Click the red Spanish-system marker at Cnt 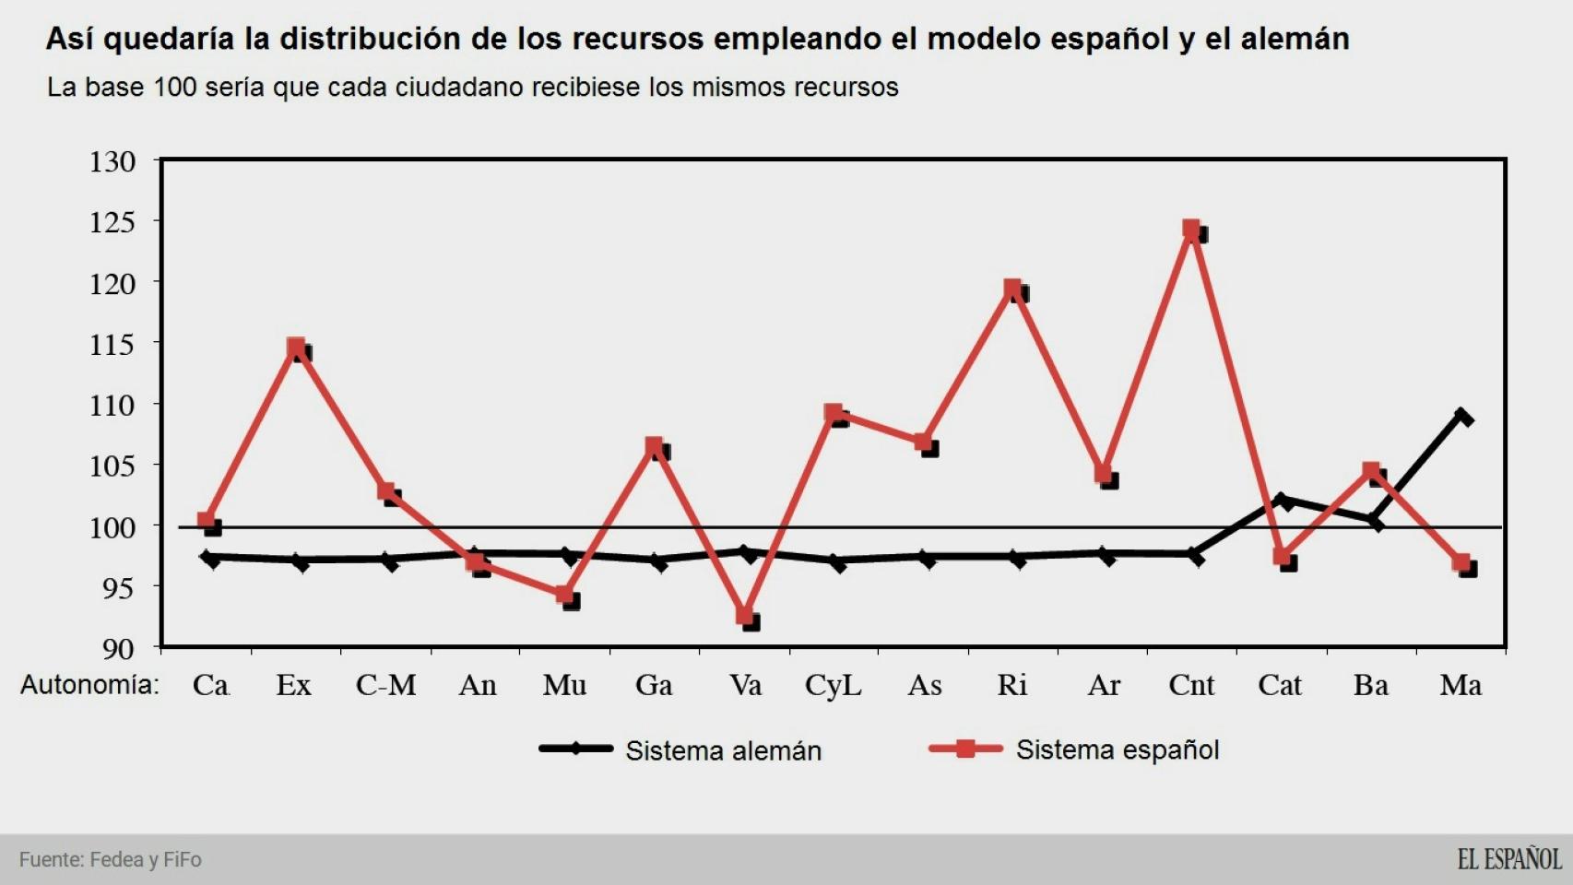tap(1191, 229)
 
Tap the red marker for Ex tap(296, 348)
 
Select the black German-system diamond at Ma tap(1462, 417)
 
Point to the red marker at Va tap(745, 617)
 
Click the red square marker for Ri tap(1012, 289)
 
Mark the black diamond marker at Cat tap(1282, 501)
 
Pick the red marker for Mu tap(565, 596)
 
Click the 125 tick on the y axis tap(112, 222)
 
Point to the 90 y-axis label tap(117, 648)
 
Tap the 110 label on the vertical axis tap(112, 405)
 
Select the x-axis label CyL tap(833, 685)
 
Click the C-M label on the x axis tap(385, 685)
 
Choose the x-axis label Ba tap(1370, 685)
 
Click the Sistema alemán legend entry tap(723, 750)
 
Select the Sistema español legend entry tap(1117, 749)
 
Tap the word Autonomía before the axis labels tap(89, 685)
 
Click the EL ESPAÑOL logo tap(1508, 859)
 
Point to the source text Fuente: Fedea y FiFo tap(111, 859)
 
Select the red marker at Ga tap(655, 447)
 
